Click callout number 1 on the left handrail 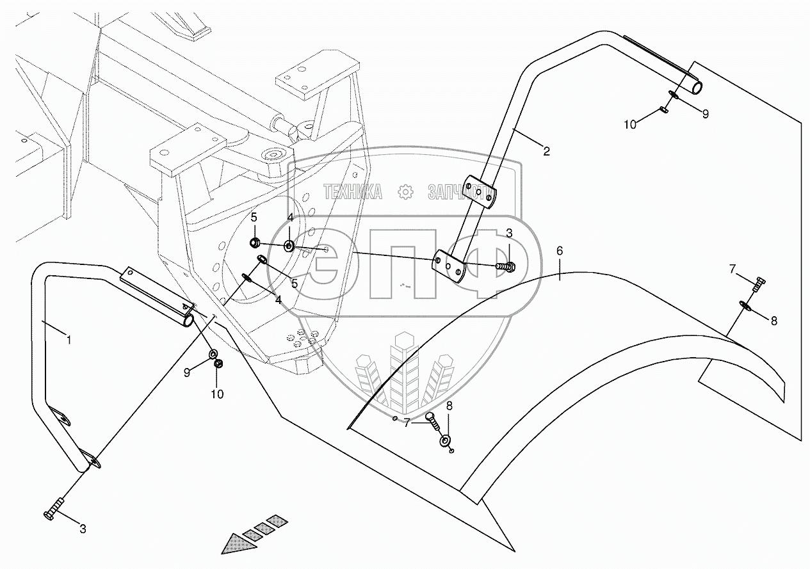pos(69,340)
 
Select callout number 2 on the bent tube pos(546,151)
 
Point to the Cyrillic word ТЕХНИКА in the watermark pos(353,191)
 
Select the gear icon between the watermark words pos(405,191)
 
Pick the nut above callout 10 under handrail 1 pos(217,364)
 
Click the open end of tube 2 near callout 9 pos(694,86)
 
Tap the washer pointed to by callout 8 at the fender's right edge pos(747,306)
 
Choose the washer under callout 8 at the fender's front pos(445,442)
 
